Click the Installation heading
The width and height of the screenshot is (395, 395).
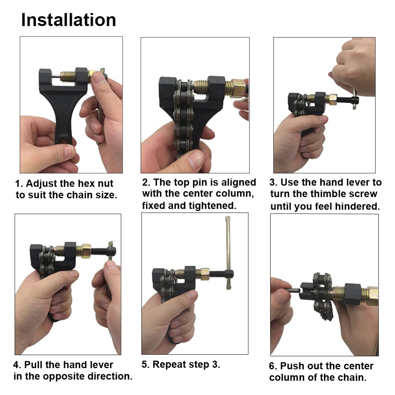pos(68,20)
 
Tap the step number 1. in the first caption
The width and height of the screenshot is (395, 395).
pos(19,184)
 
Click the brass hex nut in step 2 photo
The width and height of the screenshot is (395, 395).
pos(236,88)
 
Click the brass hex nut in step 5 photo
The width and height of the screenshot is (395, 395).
pos(205,274)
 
